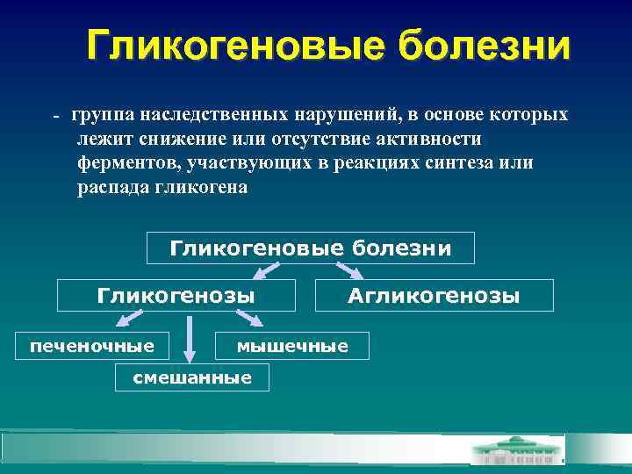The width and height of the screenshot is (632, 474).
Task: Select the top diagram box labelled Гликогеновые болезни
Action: click(x=310, y=248)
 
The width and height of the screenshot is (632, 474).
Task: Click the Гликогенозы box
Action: click(x=176, y=296)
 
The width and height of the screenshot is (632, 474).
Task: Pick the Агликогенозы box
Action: click(x=434, y=296)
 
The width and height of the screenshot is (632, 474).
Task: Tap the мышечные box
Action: click(x=292, y=346)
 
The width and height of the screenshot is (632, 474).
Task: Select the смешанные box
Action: click(x=191, y=377)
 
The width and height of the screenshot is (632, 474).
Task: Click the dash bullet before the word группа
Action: click(x=55, y=117)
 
